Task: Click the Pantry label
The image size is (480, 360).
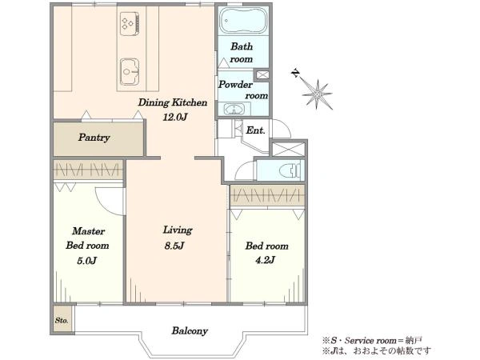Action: [x=94, y=138]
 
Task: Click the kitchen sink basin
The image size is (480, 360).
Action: [x=130, y=72]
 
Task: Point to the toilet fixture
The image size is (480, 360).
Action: [x=293, y=170]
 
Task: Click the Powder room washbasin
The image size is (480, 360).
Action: [x=234, y=109]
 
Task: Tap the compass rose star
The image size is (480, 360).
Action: [x=317, y=94]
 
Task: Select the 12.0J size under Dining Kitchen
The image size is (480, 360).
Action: [x=174, y=118]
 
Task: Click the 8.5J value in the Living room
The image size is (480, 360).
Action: [x=174, y=246]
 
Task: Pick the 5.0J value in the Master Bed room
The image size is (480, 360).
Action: [x=86, y=261]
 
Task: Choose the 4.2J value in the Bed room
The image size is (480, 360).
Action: [x=265, y=260]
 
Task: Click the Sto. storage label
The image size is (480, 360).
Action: [x=62, y=321]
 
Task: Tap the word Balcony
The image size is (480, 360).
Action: [x=190, y=331]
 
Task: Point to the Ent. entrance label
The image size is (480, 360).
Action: [x=255, y=130]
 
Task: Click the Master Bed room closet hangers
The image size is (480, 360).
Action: [x=88, y=170]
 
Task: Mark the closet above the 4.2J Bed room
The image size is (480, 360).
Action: [x=267, y=195]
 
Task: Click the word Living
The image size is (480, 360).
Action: [x=178, y=230]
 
